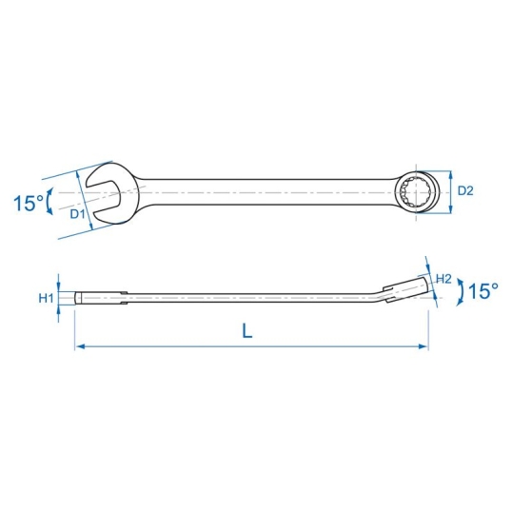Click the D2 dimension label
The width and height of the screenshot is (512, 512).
click(464, 191)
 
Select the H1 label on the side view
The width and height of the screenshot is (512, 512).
click(46, 298)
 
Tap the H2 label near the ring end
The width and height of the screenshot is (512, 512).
click(443, 279)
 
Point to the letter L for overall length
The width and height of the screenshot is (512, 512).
click(246, 330)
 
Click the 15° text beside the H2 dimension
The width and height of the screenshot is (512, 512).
click(482, 291)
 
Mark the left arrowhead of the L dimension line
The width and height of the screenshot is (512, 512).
click(79, 347)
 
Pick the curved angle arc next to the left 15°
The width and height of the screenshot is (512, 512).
click(49, 201)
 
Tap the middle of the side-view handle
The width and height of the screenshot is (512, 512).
click(247, 299)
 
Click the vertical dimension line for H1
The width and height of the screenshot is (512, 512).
click(59, 298)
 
